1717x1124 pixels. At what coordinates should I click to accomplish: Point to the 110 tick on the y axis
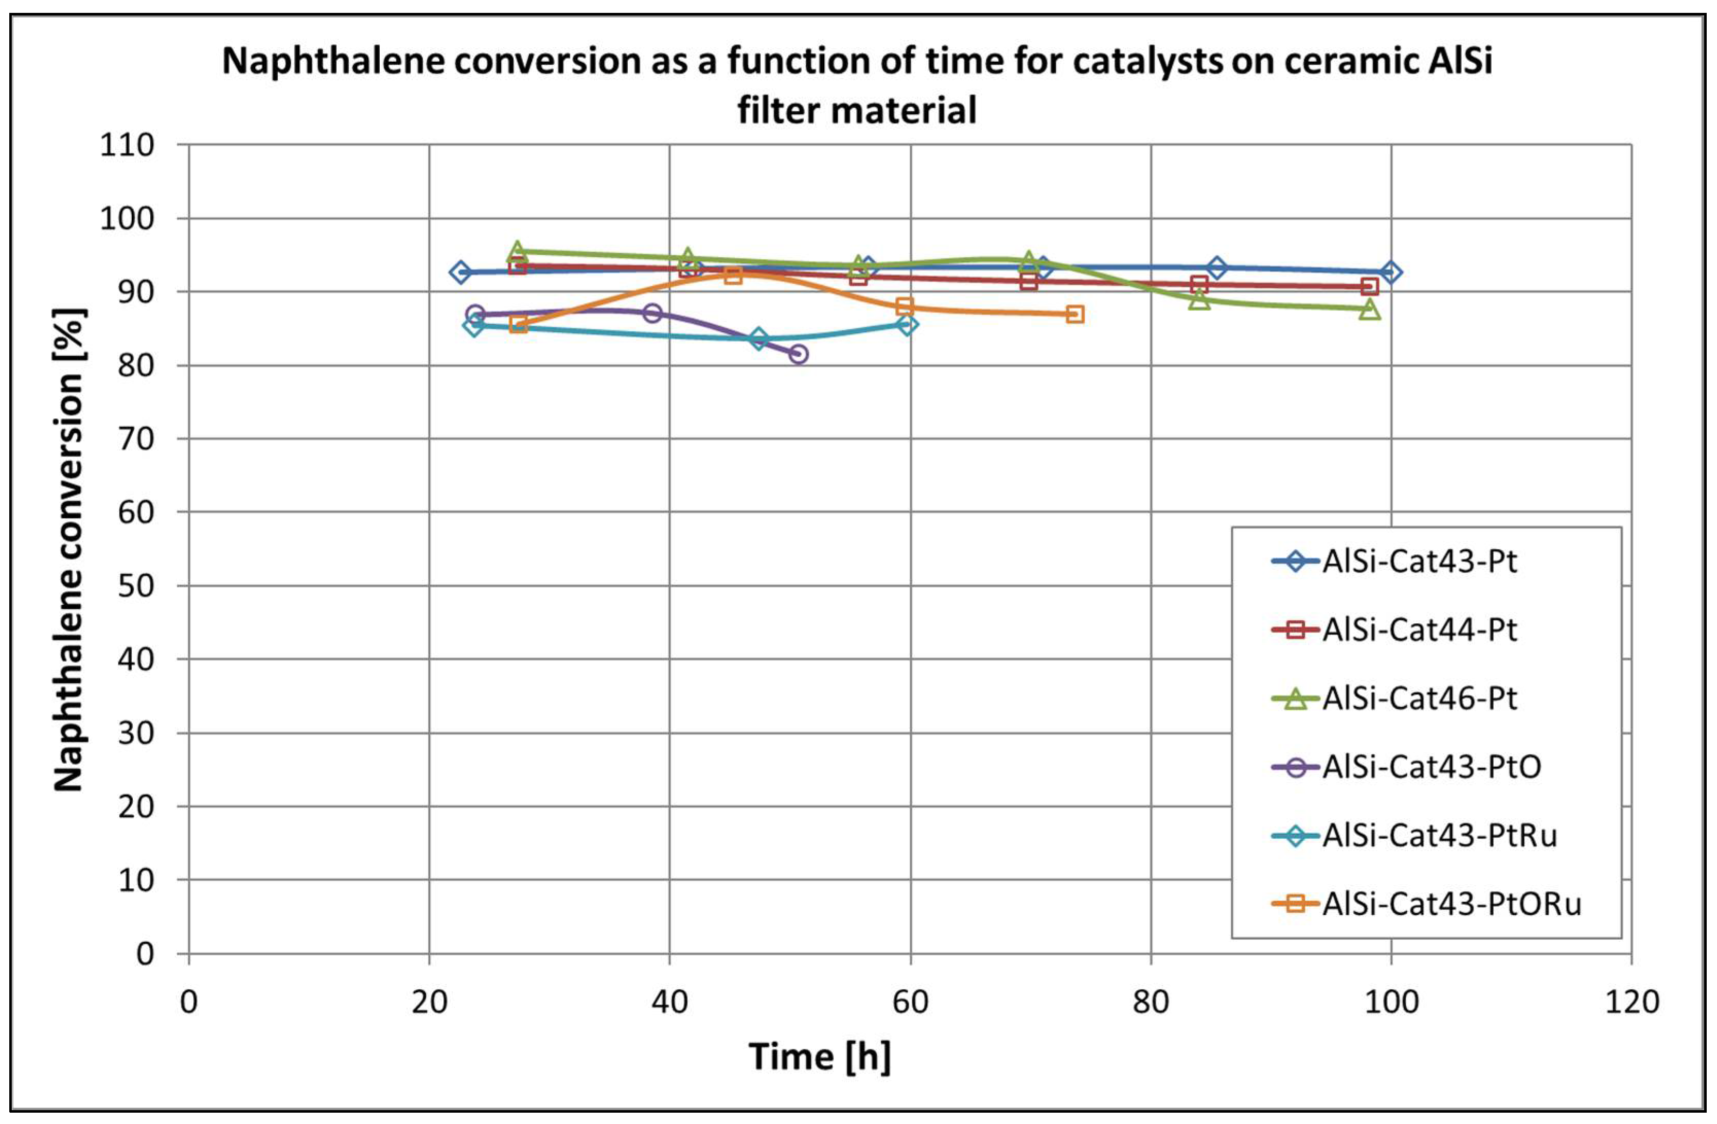coord(127,146)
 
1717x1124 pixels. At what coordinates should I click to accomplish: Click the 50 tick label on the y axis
coord(136,586)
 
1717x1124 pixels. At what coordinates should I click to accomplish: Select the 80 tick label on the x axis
coord(1150,1002)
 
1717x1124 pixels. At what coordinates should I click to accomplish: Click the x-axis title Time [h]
coord(820,1056)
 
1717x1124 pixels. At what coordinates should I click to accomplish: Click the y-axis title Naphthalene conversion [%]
coord(70,550)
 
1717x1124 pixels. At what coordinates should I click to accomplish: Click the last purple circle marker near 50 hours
coord(798,354)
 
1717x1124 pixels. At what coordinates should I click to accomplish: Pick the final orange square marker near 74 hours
coord(1075,314)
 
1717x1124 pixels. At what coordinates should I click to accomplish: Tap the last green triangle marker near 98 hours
coord(1369,309)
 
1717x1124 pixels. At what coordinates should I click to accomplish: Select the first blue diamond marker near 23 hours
coord(461,272)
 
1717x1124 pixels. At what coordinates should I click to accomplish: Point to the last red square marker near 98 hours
coord(1369,287)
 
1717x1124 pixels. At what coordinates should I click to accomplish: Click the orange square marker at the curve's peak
coord(733,275)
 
